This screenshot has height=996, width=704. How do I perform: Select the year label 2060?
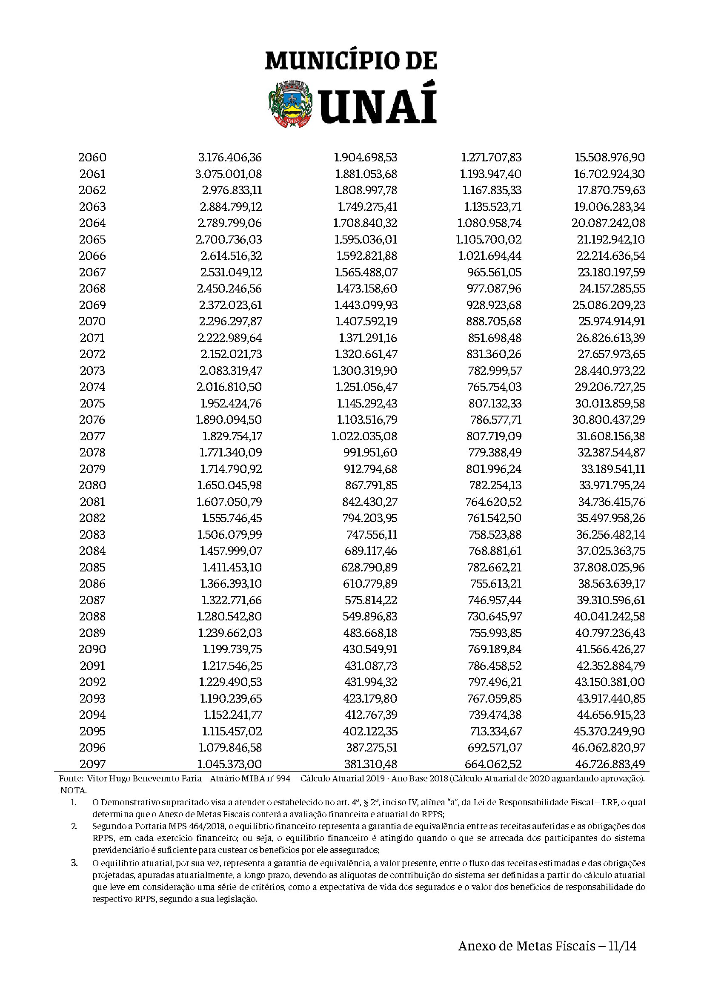pos(92,157)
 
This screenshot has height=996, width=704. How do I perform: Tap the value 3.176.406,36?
pos(230,157)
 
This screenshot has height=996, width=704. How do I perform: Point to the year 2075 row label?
pos(92,403)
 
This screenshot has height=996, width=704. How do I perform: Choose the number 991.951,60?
pos(370,453)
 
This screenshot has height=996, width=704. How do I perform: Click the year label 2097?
pos(92,764)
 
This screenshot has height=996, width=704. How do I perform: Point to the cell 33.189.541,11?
pos(613,469)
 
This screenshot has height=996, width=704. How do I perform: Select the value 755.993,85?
pos(495,633)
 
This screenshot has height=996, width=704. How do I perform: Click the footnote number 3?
pos(74,863)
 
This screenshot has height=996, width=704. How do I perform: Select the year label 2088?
pos(92,617)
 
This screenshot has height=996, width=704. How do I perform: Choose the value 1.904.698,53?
pos(366,157)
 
